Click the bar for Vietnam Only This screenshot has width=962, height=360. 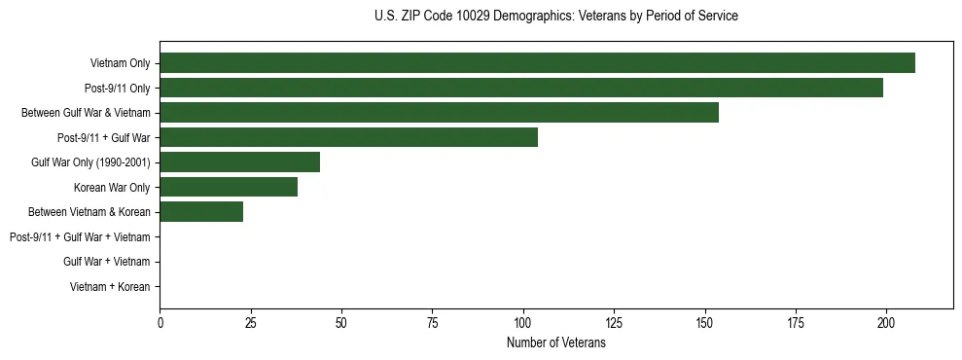[537, 63]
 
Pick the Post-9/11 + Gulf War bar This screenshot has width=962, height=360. [348, 137]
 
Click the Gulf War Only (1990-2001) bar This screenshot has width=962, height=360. [239, 162]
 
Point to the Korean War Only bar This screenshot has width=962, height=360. [229, 187]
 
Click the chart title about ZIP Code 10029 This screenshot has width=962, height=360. [555, 17]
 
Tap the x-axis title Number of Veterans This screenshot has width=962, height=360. [555, 343]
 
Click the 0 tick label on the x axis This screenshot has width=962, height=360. [160, 322]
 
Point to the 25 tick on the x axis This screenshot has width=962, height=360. [250, 322]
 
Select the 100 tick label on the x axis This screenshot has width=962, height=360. [523, 322]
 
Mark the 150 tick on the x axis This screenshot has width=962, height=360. [704, 322]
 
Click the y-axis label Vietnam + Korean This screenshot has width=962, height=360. [110, 287]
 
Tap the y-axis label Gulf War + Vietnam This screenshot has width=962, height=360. [106, 262]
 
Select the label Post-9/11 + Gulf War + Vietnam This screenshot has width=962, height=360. [80, 237]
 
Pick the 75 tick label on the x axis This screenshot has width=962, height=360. [432, 322]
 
